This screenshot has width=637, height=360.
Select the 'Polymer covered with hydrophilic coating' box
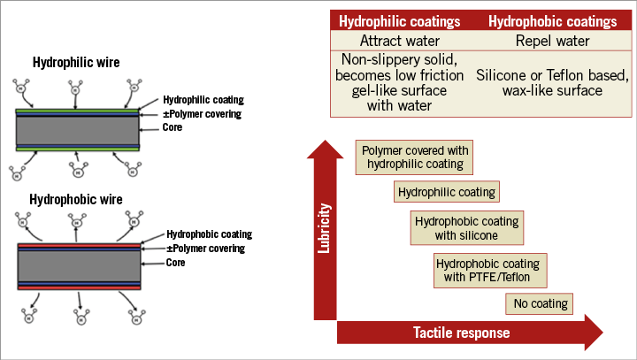pyautogui.click(x=412, y=157)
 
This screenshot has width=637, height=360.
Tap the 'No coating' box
pyautogui.click(x=539, y=304)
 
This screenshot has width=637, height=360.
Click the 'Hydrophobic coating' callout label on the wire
pyautogui.click(x=210, y=234)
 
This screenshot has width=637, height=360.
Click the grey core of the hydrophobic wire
pyautogui.click(x=79, y=264)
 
